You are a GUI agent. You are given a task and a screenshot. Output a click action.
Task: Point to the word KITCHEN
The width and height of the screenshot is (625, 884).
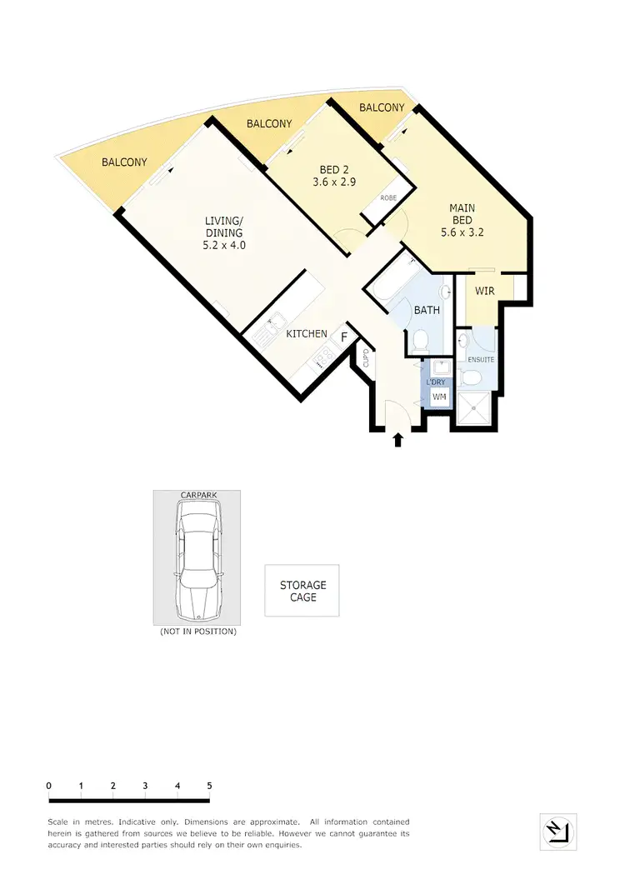point(307,334)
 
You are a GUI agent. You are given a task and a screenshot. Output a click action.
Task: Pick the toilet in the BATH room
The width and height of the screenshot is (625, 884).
point(422,338)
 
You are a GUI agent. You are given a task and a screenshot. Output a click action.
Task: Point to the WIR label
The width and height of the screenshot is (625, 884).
point(486,292)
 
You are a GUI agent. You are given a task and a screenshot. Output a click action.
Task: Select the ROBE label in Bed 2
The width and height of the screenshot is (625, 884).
point(388,197)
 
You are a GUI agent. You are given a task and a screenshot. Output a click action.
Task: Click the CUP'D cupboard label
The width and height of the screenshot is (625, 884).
point(365,359)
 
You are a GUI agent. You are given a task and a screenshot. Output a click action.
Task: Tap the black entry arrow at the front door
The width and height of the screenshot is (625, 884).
point(398,439)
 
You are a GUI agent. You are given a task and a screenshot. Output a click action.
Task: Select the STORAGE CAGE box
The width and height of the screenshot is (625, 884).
point(302,591)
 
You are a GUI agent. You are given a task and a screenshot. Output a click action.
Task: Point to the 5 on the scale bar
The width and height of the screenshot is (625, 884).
point(209,786)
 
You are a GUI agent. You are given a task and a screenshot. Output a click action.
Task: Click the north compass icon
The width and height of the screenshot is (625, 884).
point(557,831)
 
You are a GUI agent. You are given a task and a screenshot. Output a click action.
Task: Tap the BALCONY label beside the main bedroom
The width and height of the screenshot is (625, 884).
point(382,107)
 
